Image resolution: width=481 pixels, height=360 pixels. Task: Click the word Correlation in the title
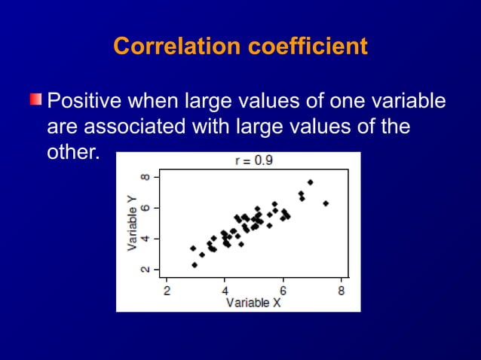pos(176,47)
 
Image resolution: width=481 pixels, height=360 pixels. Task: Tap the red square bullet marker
pos(35,100)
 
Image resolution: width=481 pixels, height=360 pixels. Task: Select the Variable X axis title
pos(253,303)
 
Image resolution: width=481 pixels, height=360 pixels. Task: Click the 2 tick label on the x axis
pos(167,291)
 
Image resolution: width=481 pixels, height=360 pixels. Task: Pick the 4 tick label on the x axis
pos(225,291)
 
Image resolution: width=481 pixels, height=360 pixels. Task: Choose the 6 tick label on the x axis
pos(283,291)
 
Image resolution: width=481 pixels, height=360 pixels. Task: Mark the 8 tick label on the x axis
pos(341,291)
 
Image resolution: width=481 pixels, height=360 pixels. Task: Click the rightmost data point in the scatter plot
pos(326,203)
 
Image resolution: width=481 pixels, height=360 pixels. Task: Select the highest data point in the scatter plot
pos(310,182)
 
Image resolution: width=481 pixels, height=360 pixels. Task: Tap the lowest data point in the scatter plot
pos(195,265)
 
